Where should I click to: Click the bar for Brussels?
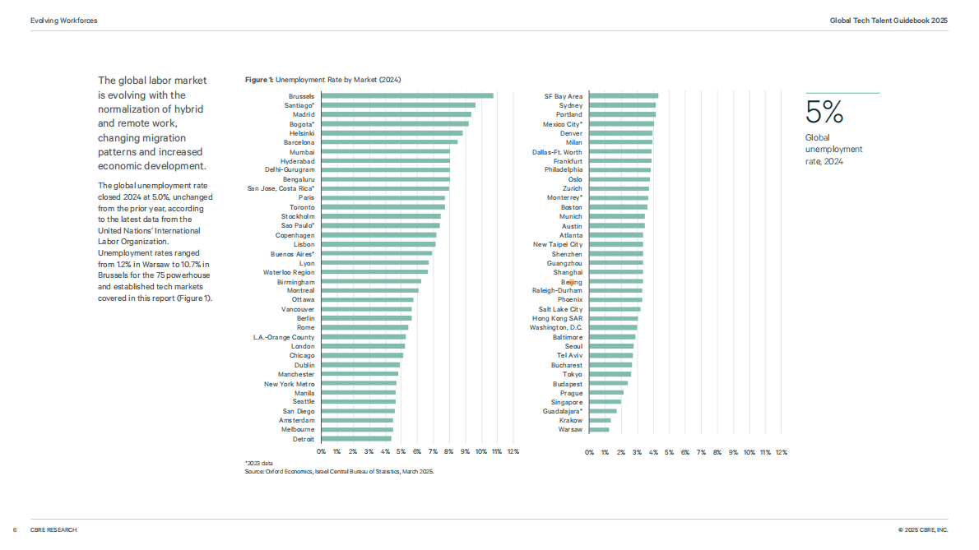(407, 96)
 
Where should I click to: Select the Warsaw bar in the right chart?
(599, 430)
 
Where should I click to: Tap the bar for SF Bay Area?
(624, 96)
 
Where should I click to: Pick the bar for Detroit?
(356, 439)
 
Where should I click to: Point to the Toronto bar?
(383, 207)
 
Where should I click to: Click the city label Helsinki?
(302, 133)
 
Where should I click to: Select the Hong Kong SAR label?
(557, 319)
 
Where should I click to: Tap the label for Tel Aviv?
(569, 355)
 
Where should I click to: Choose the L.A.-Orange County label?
(284, 337)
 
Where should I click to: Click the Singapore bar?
(605, 402)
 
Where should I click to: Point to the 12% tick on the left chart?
(513, 451)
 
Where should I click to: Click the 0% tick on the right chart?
(589, 452)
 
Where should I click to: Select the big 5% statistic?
(824, 113)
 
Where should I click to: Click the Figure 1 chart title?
(322, 80)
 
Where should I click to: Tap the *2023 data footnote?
(258, 464)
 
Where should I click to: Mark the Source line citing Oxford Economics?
(339, 471)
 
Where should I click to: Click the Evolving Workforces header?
(63, 21)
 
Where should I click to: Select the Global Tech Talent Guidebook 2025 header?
(889, 21)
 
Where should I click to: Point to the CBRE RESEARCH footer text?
(53, 530)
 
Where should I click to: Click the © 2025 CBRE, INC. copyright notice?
(923, 530)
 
